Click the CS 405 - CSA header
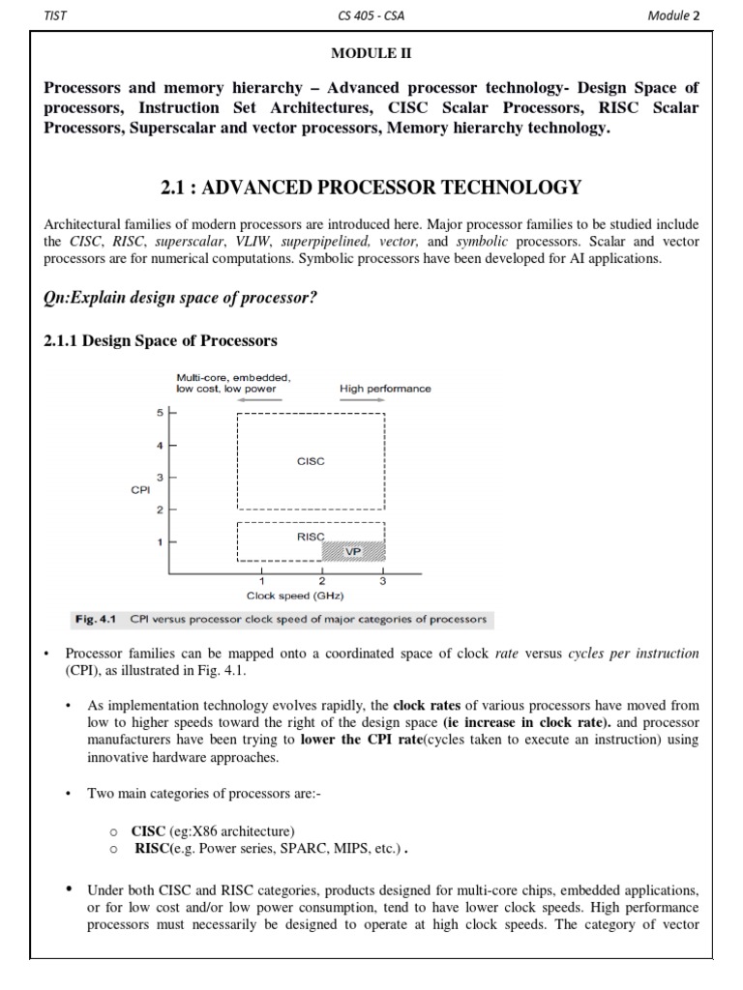point(371,15)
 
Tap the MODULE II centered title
point(371,56)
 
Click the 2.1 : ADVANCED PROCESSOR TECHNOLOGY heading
point(371,188)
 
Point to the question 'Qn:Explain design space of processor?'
point(181,297)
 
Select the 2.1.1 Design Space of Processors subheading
point(161,340)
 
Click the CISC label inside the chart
point(311,461)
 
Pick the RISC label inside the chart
point(311,535)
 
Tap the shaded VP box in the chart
point(353,551)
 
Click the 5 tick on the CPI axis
point(161,413)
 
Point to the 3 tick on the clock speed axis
point(383,581)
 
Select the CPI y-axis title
point(139,490)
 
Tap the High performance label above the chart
point(385,389)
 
